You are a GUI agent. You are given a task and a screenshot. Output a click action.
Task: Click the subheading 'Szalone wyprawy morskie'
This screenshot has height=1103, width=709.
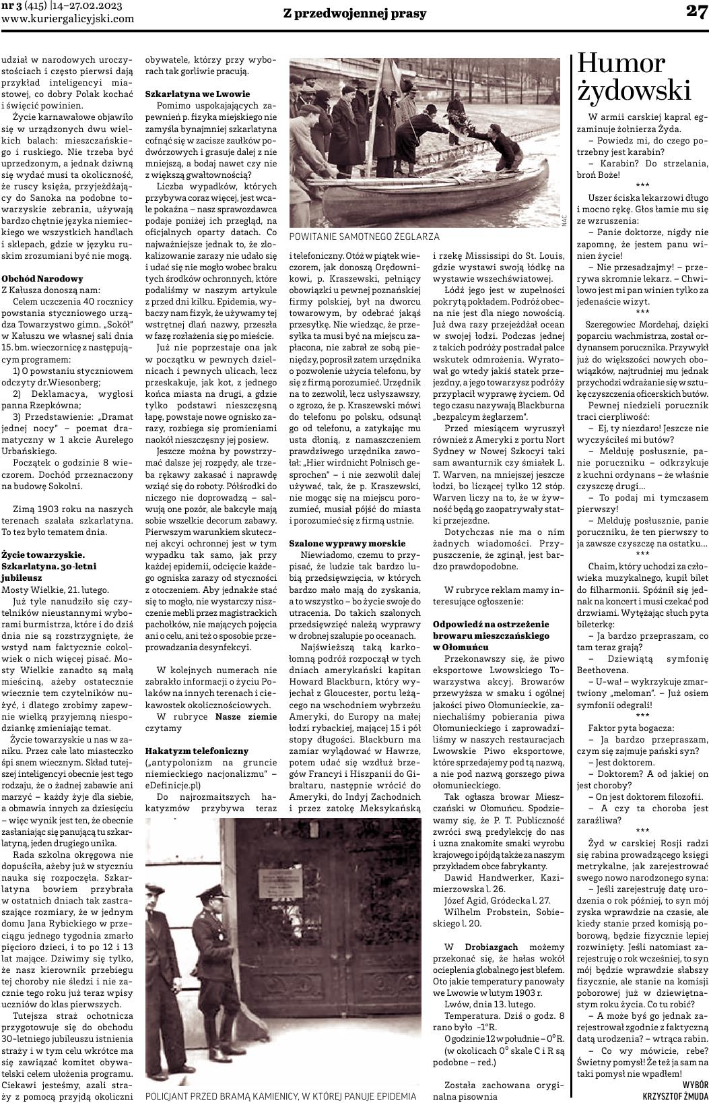coord(347,542)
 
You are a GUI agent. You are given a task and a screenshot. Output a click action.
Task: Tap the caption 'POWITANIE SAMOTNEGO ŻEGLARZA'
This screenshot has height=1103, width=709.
coord(364,237)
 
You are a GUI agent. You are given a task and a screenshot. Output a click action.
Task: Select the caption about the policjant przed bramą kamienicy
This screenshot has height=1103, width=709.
coord(281,1096)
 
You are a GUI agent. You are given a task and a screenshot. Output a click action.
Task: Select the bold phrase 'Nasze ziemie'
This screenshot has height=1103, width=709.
coord(246,716)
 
